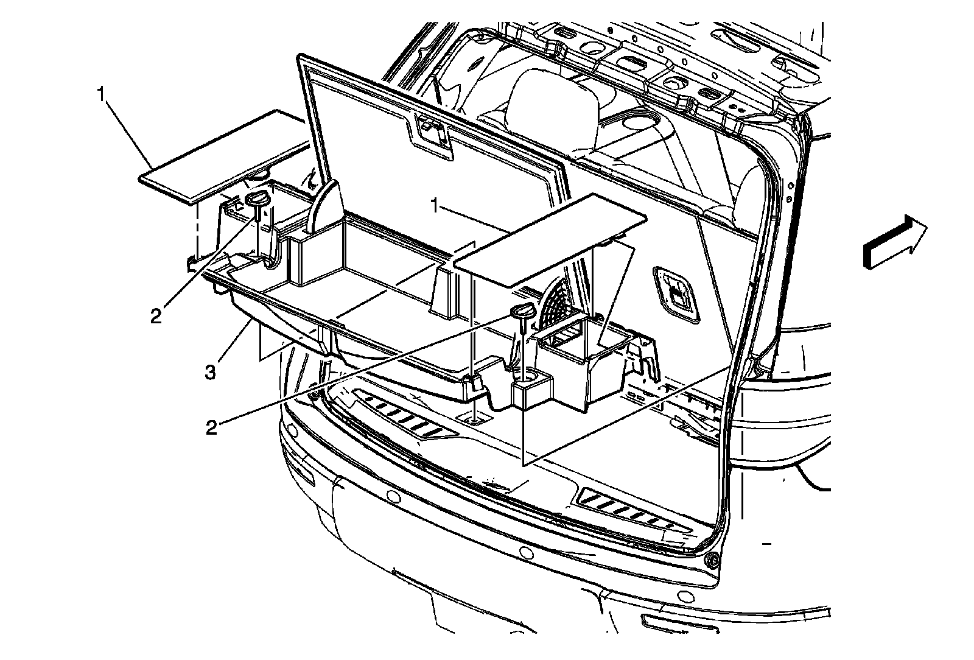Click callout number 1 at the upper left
(x=100, y=94)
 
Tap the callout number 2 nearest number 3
(x=156, y=317)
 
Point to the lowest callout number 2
(x=211, y=427)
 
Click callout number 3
(x=210, y=371)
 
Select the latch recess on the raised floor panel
(x=433, y=132)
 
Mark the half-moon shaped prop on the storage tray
(x=327, y=206)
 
